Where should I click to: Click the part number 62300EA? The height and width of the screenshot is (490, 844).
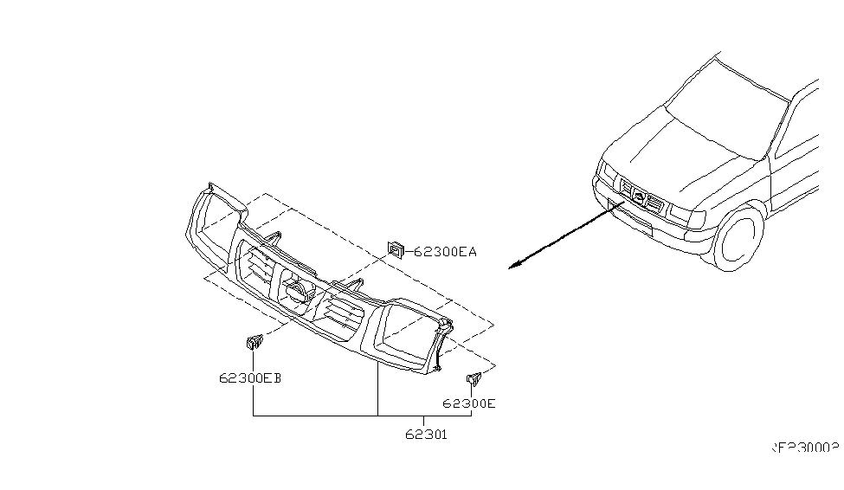(x=445, y=252)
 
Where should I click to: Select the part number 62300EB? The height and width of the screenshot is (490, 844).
(x=251, y=377)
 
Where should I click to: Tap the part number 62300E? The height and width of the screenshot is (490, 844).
(x=469, y=403)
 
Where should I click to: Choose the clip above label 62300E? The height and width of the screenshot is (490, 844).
(x=474, y=378)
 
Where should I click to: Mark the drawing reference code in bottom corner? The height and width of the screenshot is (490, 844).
(x=806, y=448)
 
